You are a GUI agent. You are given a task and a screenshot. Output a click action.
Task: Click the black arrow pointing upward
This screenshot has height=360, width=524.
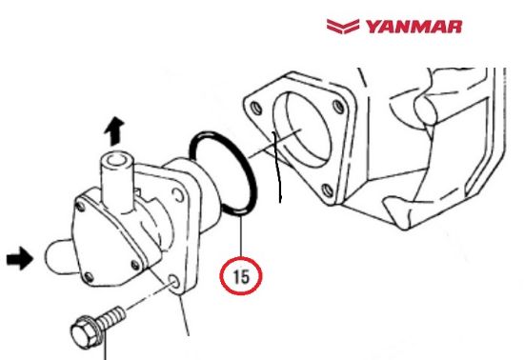pos(114,130)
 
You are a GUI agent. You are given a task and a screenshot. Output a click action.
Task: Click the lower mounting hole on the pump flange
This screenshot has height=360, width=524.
pos(173,283)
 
